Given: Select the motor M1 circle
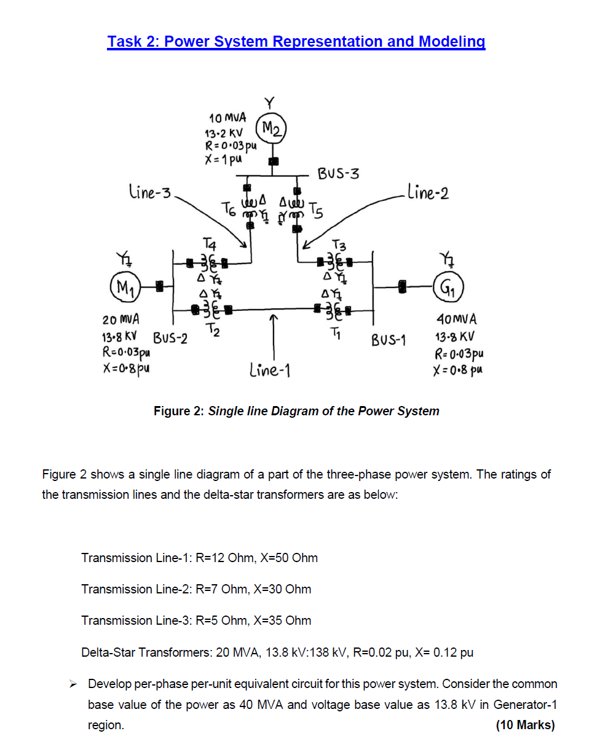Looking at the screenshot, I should coord(124,286).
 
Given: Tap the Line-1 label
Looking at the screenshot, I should coord(270,370).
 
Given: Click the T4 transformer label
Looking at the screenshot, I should coord(210,244).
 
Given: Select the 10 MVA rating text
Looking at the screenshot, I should coord(227,117).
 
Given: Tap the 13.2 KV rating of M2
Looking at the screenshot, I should coord(224,133).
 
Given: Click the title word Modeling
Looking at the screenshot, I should coord(452,42).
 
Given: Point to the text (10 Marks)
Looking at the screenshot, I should coord(524,725).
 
